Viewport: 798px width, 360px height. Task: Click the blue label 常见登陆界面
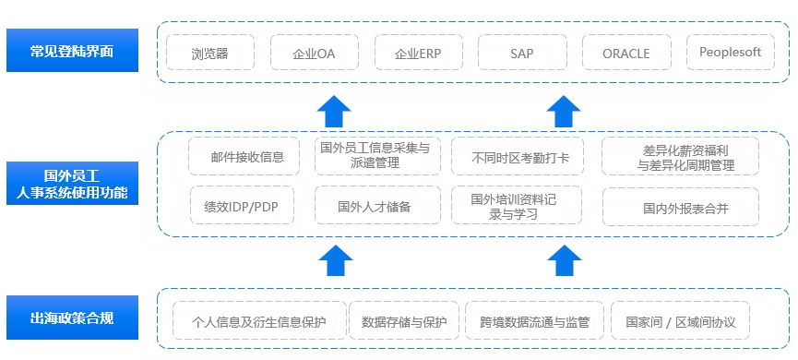pyautogui.click(x=72, y=52)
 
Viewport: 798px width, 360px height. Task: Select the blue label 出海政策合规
pyautogui.click(x=72, y=319)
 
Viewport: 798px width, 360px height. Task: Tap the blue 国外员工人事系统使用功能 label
pyautogui.click(x=72, y=184)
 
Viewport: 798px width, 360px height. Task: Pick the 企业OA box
pyautogui.click(x=314, y=53)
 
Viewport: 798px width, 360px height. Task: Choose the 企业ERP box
pyautogui.click(x=417, y=53)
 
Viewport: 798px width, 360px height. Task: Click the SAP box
pyautogui.click(x=521, y=53)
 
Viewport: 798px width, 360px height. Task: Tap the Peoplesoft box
pyautogui.click(x=730, y=53)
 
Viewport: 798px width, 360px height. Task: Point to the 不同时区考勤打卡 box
pyautogui.click(x=520, y=157)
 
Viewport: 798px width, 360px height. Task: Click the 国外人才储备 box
pyautogui.click(x=374, y=207)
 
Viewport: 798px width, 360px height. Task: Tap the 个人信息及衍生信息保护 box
pyautogui.click(x=259, y=322)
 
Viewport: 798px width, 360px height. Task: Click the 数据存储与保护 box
pyautogui.click(x=404, y=322)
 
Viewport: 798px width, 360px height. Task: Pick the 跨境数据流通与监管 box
pyautogui.click(x=534, y=322)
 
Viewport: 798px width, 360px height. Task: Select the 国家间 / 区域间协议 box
pyautogui.click(x=680, y=322)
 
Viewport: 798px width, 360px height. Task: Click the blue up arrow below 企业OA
pyautogui.click(x=335, y=111)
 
